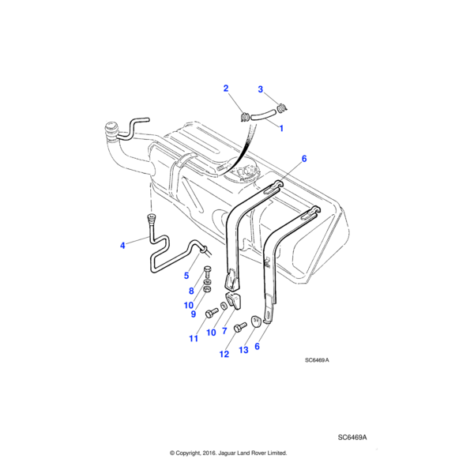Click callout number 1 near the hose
point(281,126)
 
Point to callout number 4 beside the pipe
point(122,246)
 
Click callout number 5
point(186,276)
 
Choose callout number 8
point(192,291)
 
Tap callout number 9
point(192,314)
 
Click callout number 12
point(224,355)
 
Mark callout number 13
point(243,350)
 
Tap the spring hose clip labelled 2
point(245,118)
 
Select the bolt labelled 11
point(211,314)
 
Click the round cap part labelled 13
point(257,321)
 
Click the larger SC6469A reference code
point(353,437)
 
